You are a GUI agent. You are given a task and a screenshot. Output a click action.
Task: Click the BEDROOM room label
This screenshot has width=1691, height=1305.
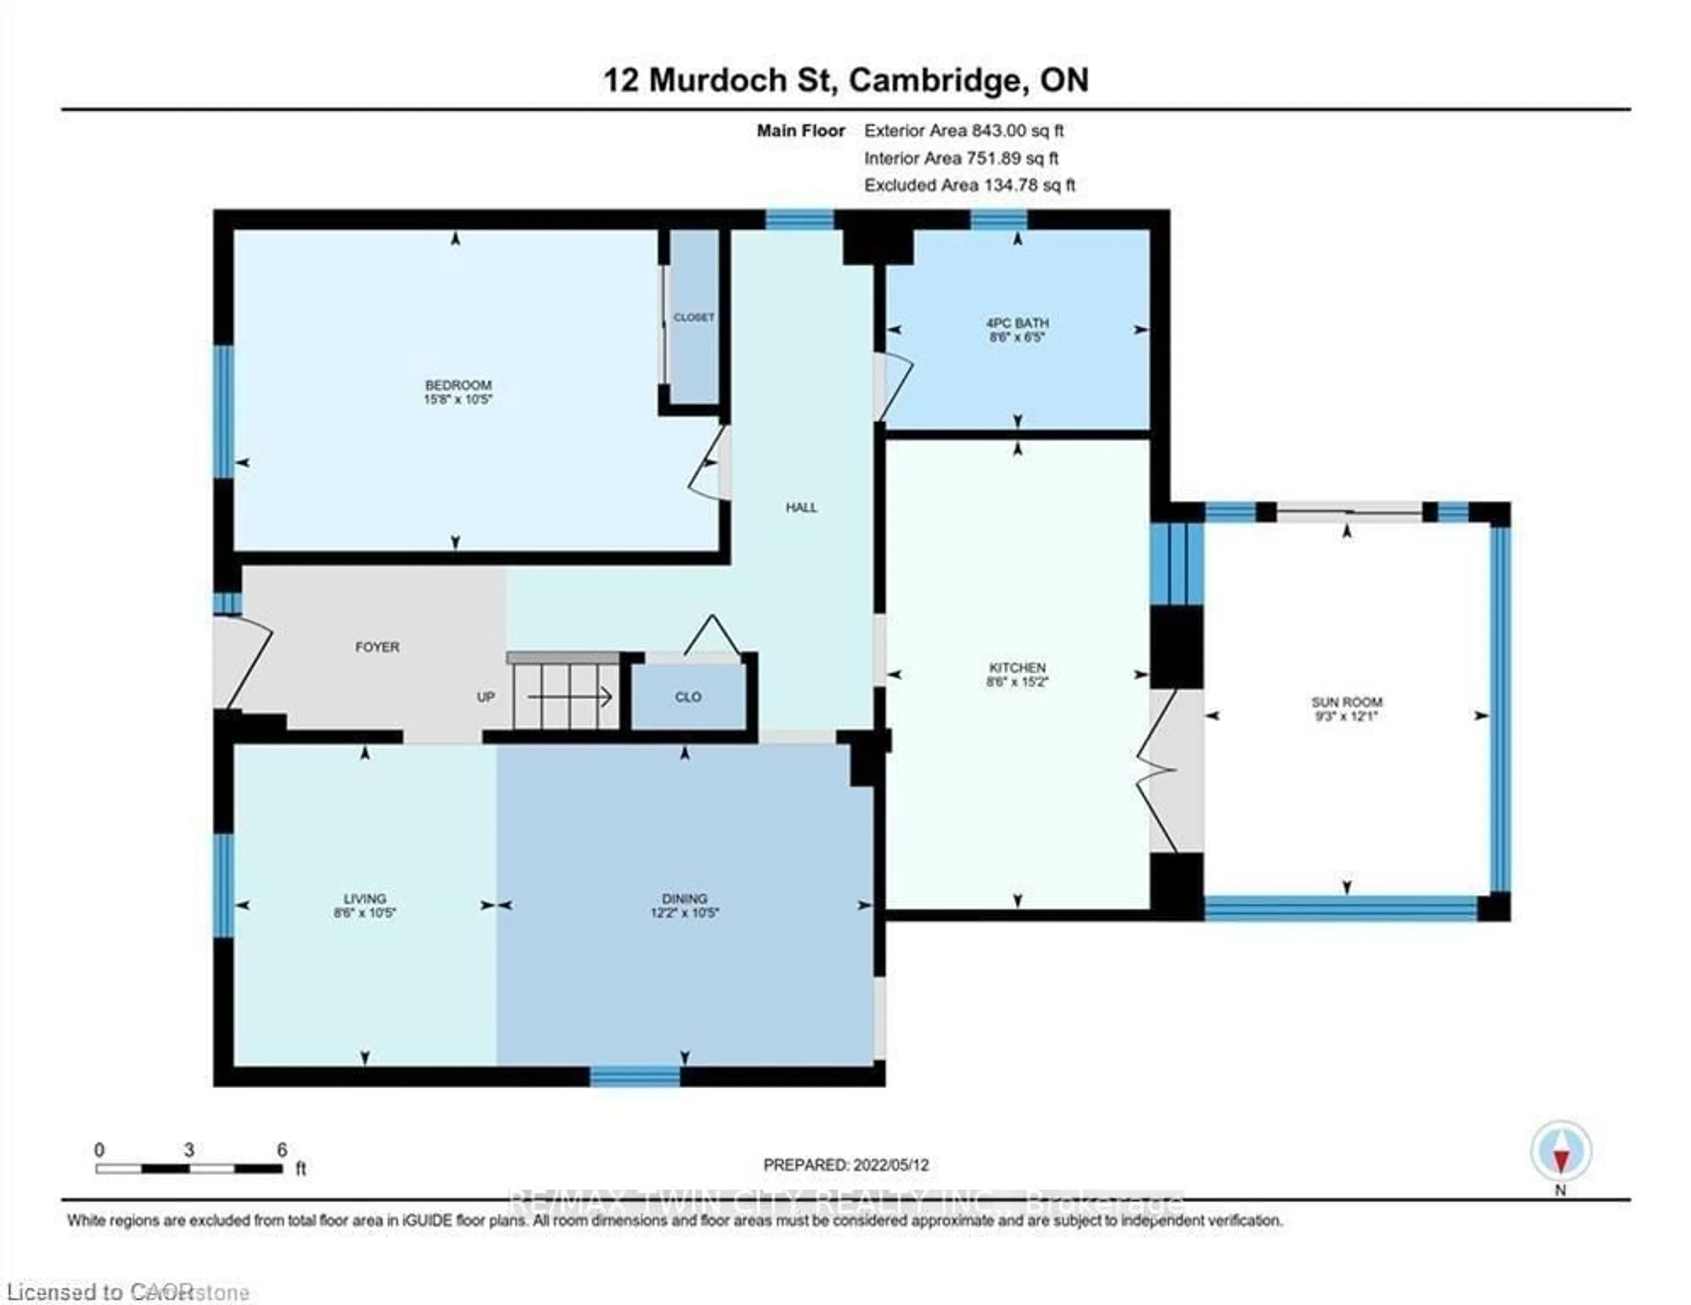pyautogui.click(x=458, y=385)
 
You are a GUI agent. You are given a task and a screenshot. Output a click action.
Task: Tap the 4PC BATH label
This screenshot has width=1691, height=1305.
pyautogui.click(x=1017, y=323)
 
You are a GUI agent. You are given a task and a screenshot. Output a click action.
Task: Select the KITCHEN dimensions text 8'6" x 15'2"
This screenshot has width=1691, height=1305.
pyautogui.click(x=1017, y=682)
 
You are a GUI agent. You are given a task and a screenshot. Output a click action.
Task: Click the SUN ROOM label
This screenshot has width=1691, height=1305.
pyautogui.click(x=1347, y=702)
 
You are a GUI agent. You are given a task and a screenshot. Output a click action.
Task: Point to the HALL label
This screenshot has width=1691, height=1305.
pyautogui.click(x=801, y=508)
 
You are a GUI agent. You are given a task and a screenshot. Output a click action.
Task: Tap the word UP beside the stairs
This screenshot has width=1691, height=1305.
pyautogui.click(x=485, y=697)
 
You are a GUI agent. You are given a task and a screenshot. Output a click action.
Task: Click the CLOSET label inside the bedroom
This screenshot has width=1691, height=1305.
pyautogui.click(x=694, y=317)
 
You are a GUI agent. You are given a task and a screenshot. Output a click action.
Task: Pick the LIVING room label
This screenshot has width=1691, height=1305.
pyautogui.click(x=365, y=899)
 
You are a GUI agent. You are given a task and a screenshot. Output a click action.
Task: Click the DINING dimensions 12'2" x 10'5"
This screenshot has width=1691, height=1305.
pyautogui.click(x=684, y=913)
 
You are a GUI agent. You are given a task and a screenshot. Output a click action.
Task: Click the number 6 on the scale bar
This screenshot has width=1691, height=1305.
pyautogui.click(x=282, y=1150)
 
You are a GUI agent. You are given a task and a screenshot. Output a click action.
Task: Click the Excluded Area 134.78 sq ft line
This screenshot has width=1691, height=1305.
pyautogui.click(x=969, y=185)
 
